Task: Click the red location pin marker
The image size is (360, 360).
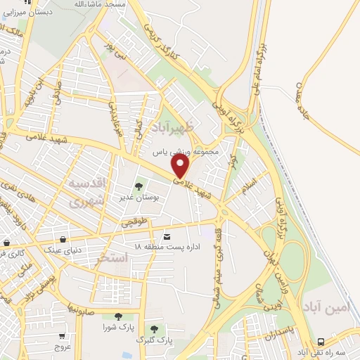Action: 181,166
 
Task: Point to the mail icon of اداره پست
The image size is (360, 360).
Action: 167,236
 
